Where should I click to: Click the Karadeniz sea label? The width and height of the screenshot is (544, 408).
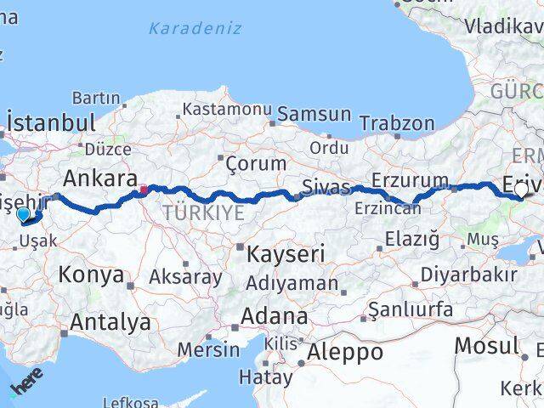pos(195,28)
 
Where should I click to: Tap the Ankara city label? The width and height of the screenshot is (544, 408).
pos(100,178)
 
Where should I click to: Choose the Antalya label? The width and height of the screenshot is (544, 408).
pos(110,322)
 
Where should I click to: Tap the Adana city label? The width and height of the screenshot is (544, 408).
pos(274,316)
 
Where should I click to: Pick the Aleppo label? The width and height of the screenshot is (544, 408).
pos(345,352)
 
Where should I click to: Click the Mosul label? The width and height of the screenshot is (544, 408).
pos(486,345)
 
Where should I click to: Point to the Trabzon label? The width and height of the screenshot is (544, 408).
pos(397,123)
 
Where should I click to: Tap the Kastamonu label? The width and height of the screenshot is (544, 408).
pos(225,110)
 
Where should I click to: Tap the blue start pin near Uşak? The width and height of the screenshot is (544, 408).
pos(24,216)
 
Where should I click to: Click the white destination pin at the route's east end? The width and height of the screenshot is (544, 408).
pos(520,192)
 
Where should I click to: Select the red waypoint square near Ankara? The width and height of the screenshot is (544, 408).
pos(144,190)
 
